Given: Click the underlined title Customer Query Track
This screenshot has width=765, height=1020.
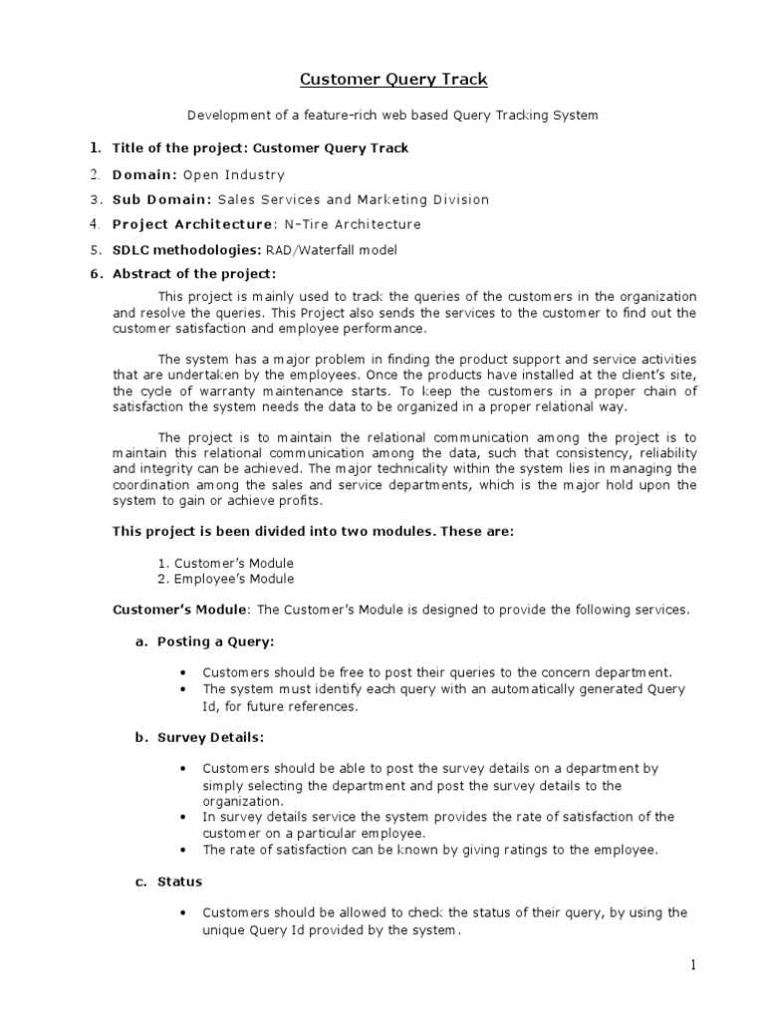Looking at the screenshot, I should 382,79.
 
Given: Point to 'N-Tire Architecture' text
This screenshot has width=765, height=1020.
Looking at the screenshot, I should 349,224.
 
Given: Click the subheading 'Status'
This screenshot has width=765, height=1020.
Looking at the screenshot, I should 179,882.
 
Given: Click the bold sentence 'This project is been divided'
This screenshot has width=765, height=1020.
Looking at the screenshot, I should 314,532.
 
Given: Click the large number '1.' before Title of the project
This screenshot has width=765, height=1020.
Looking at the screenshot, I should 95,147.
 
